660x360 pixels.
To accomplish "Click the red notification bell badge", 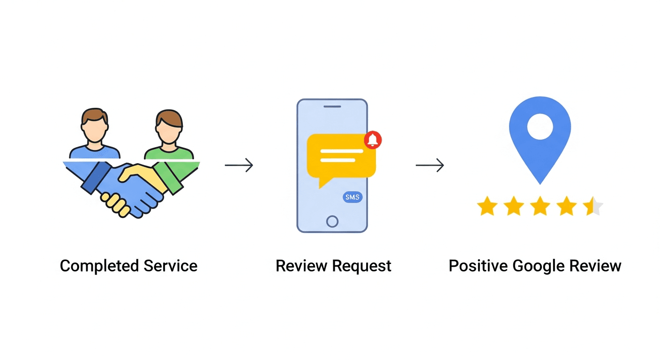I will click(373, 140).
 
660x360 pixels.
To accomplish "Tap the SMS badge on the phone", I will click(352, 197).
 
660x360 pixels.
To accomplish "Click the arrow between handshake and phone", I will click(239, 165).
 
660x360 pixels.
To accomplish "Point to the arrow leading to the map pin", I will click(429, 165).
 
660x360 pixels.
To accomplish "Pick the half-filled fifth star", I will click(592, 206).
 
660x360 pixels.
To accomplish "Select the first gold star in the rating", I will click(487, 206).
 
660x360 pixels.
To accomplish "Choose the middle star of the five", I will click(540, 206).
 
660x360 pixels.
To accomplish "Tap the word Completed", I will click(99, 266).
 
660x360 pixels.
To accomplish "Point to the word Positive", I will click(478, 266).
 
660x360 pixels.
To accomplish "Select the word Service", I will click(170, 266).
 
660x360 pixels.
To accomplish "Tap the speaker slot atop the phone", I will click(332, 106).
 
